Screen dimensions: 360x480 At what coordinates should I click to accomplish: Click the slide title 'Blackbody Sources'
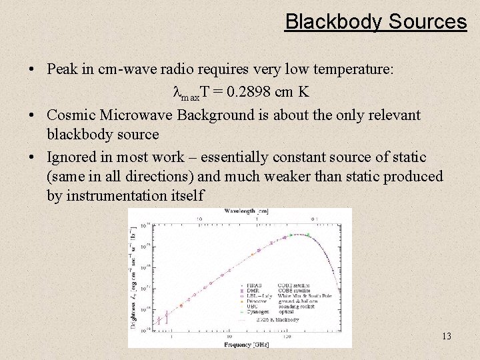[x=376, y=21]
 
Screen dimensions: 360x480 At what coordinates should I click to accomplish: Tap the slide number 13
[x=446, y=336]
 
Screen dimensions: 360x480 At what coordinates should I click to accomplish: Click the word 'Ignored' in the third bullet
[x=71, y=157]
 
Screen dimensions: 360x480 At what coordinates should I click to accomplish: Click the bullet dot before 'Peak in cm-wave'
[x=32, y=69]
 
